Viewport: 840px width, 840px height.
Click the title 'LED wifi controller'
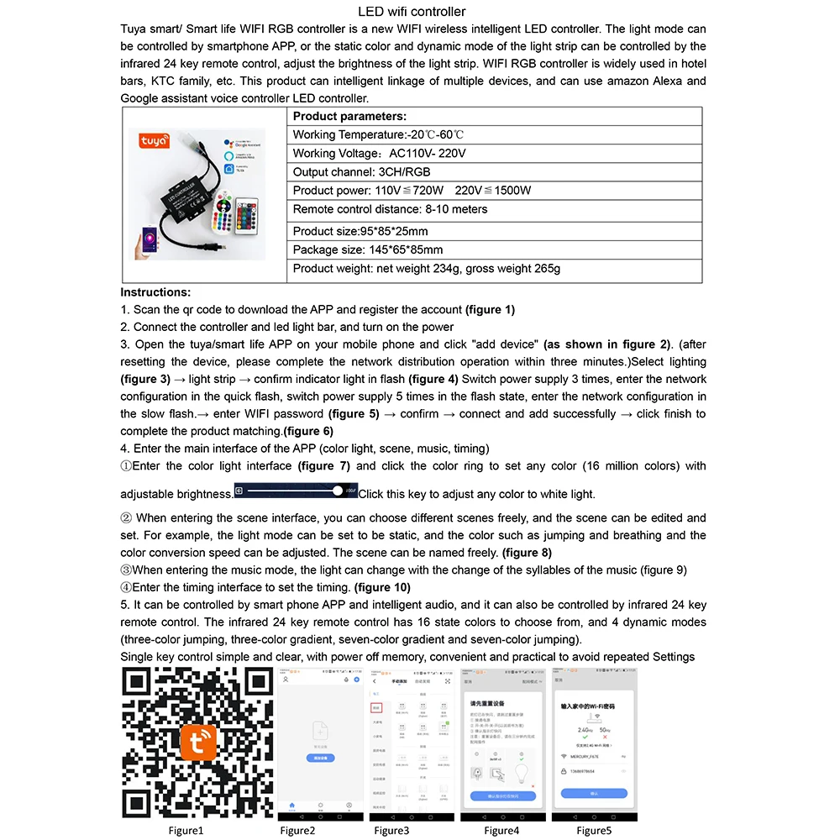tap(412, 12)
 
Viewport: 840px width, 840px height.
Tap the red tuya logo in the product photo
tap(154, 144)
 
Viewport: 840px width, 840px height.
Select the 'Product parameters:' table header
tap(349, 117)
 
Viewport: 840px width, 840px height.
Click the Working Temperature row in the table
tap(378, 135)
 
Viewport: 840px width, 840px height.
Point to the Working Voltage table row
tap(379, 154)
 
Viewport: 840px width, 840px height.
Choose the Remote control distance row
tap(390, 209)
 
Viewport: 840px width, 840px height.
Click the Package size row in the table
tap(367, 249)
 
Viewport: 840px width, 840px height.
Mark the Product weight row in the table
tap(426, 269)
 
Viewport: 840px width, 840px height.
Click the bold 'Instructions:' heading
tap(155, 292)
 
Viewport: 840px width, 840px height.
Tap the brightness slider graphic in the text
tap(295, 491)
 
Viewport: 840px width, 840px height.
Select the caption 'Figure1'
tap(186, 831)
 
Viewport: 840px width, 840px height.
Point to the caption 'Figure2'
tap(298, 831)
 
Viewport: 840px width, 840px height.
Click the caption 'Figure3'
tap(391, 831)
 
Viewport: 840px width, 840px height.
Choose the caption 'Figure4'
tap(501, 831)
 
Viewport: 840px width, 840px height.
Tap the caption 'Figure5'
tap(594, 831)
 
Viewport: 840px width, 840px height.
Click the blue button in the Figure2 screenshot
tap(321, 758)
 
